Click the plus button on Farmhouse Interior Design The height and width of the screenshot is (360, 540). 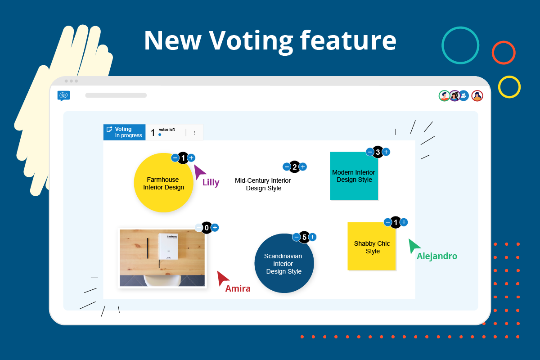click(191, 157)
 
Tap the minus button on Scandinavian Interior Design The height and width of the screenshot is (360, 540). click(297, 237)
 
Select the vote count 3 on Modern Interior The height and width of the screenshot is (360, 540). click(378, 152)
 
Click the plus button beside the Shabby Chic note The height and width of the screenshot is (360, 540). click(404, 222)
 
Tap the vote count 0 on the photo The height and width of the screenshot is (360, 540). click(207, 228)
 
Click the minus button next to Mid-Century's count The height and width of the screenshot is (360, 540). click(287, 167)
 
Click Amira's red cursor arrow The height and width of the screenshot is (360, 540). click(221, 277)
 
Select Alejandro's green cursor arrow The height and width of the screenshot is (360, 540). click(413, 246)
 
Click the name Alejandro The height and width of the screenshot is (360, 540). click(437, 256)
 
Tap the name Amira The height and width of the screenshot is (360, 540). click(238, 289)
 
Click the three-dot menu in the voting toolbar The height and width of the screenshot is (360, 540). click(194, 133)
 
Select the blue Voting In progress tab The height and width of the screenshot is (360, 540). click(125, 132)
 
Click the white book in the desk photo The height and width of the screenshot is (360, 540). click(168, 246)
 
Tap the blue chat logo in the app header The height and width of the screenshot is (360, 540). click(63, 95)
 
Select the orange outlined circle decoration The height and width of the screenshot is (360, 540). click(504, 53)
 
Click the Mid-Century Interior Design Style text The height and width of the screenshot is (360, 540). click(263, 184)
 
